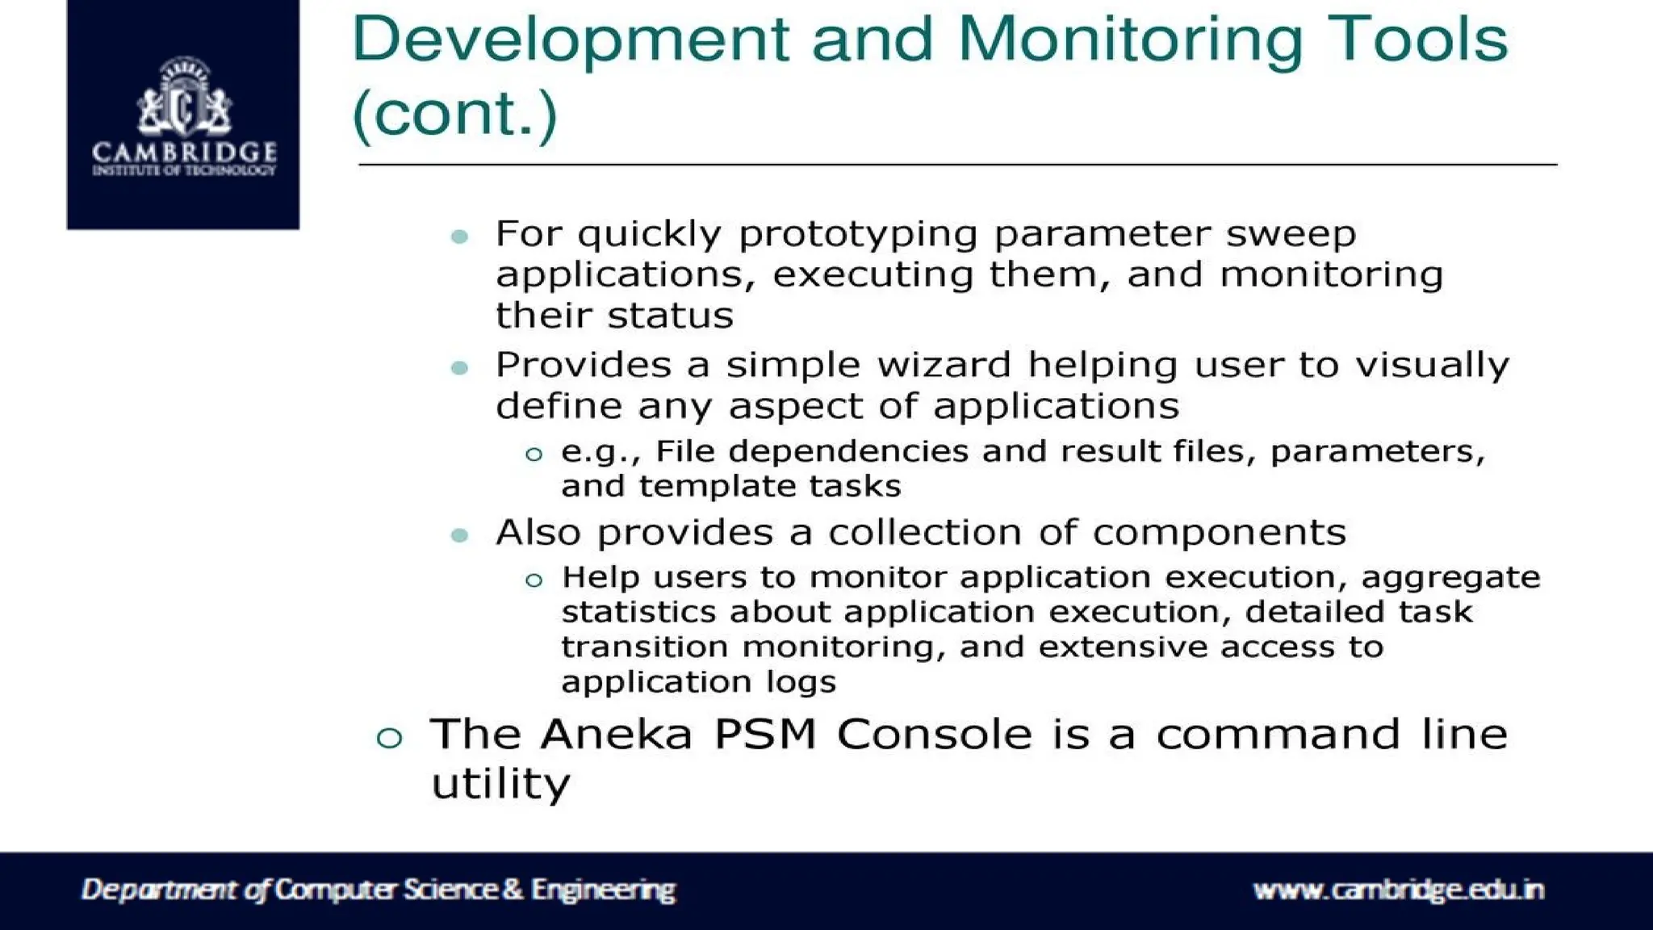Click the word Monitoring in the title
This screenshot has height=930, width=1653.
click(1130, 40)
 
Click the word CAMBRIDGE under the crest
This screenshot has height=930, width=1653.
click(184, 151)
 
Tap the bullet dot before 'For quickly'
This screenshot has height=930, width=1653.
click(460, 237)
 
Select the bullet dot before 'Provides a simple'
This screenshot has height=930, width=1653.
click(460, 368)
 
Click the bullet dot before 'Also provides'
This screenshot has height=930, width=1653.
click(460, 535)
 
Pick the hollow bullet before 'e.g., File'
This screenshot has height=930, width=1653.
click(534, 455)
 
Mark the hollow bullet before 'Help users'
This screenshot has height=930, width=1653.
click(534, 580)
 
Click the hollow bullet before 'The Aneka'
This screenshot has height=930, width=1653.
click(389, 738)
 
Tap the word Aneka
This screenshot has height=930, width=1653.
click(617, 735)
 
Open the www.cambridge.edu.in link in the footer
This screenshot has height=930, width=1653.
click(1398, 890)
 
